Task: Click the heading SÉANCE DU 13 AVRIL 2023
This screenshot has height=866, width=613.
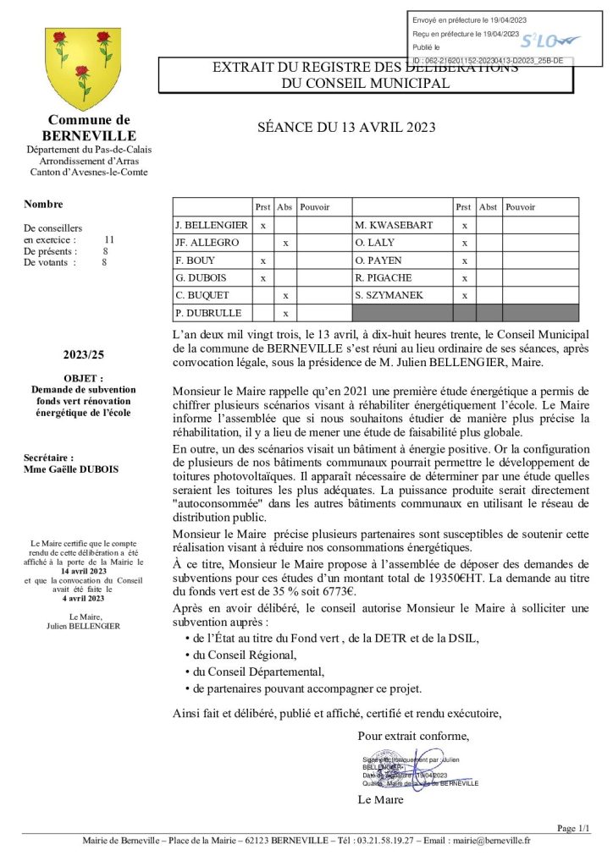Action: (346, 128)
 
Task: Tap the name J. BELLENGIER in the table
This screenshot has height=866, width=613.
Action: (212, 226)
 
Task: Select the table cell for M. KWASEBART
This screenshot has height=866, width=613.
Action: (394, 226)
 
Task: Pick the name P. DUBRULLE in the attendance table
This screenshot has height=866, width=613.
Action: (208, 313)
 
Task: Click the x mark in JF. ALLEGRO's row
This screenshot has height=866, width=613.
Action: (286, 243)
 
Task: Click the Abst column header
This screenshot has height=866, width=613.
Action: (488, 207)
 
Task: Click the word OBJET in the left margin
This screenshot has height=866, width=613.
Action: (84, 378)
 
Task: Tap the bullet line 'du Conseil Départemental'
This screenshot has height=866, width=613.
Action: (258, 671)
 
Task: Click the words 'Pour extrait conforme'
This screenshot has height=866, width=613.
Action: (412, 735)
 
